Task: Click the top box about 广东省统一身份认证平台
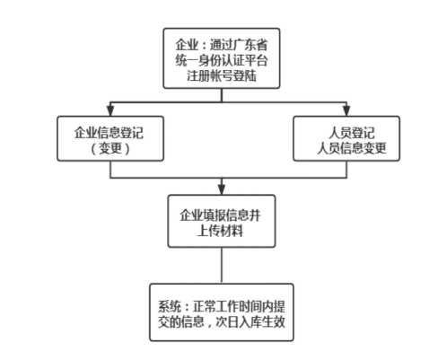tap(221, 57)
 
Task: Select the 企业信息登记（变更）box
tap(110, 138)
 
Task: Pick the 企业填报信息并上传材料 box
tap(221, 224)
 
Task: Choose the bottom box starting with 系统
tap(221, 312)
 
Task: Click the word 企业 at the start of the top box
tap(188, 41)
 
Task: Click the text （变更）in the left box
tap(110, 147)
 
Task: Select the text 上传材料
tap(221, 232)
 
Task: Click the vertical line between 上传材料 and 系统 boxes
tap(221, 266)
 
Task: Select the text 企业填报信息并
tap(221, 215)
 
